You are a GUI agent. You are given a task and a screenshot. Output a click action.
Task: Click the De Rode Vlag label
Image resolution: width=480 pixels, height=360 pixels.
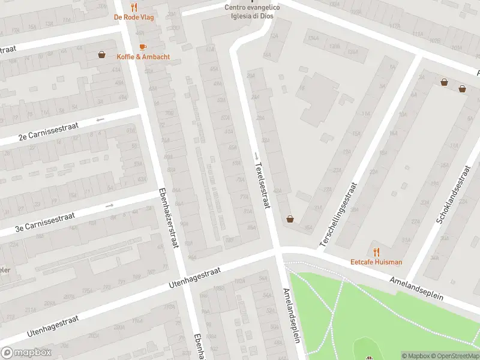[x=134, y=17]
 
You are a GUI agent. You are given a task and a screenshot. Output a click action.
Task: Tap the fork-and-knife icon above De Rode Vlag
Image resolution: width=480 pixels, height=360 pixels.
[x=134, y=7]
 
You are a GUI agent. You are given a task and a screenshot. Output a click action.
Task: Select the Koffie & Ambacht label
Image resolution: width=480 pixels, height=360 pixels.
[x=143, y=57]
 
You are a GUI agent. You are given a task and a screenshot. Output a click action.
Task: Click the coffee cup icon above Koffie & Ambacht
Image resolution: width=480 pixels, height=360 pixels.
[x=143, y=47]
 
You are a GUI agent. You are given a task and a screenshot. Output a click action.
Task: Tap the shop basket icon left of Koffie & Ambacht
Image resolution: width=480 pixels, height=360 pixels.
[x=102, y=55]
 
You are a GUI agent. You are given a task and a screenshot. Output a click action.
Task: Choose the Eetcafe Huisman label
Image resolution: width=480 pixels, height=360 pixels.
[x=376, y=262]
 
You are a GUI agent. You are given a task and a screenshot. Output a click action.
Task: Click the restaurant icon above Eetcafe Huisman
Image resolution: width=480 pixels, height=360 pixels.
[x=376, y=252]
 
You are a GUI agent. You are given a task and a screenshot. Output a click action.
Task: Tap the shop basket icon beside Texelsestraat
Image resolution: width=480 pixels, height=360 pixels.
[x=290, y=219]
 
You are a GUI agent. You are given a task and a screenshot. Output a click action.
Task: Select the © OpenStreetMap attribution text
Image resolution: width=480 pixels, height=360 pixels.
[x=454, y=356]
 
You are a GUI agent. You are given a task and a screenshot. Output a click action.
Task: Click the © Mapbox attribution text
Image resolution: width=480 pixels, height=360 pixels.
[x=415, y=356]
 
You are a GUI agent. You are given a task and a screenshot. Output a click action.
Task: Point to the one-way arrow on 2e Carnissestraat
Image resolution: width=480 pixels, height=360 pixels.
[x=100, y=119]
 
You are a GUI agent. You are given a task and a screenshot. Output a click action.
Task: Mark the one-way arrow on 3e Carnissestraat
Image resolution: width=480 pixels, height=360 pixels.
[x=109, y=206]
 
